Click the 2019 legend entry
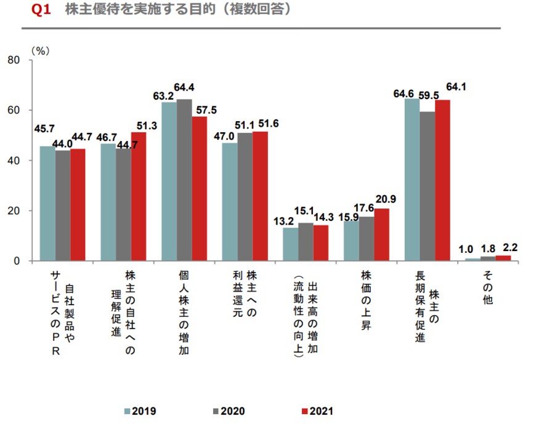[x=143, y=410]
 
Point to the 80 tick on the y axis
[x=14, y=60]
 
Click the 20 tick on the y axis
[x=14, y=211]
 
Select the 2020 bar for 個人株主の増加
[x=184, y=180]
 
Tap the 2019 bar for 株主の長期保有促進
[x=412, y=180]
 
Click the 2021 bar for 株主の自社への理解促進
[x=138, y=196]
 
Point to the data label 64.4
[x=184, y=87]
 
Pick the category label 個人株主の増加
[x=184, y=313]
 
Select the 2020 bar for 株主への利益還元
[x=245, y=197]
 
